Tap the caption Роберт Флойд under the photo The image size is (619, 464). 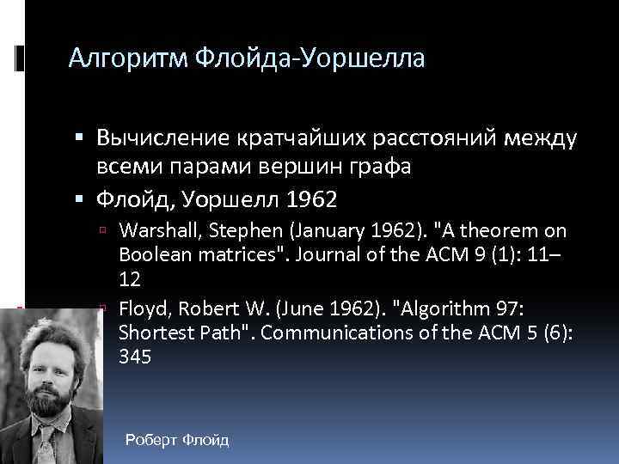[176, 441]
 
